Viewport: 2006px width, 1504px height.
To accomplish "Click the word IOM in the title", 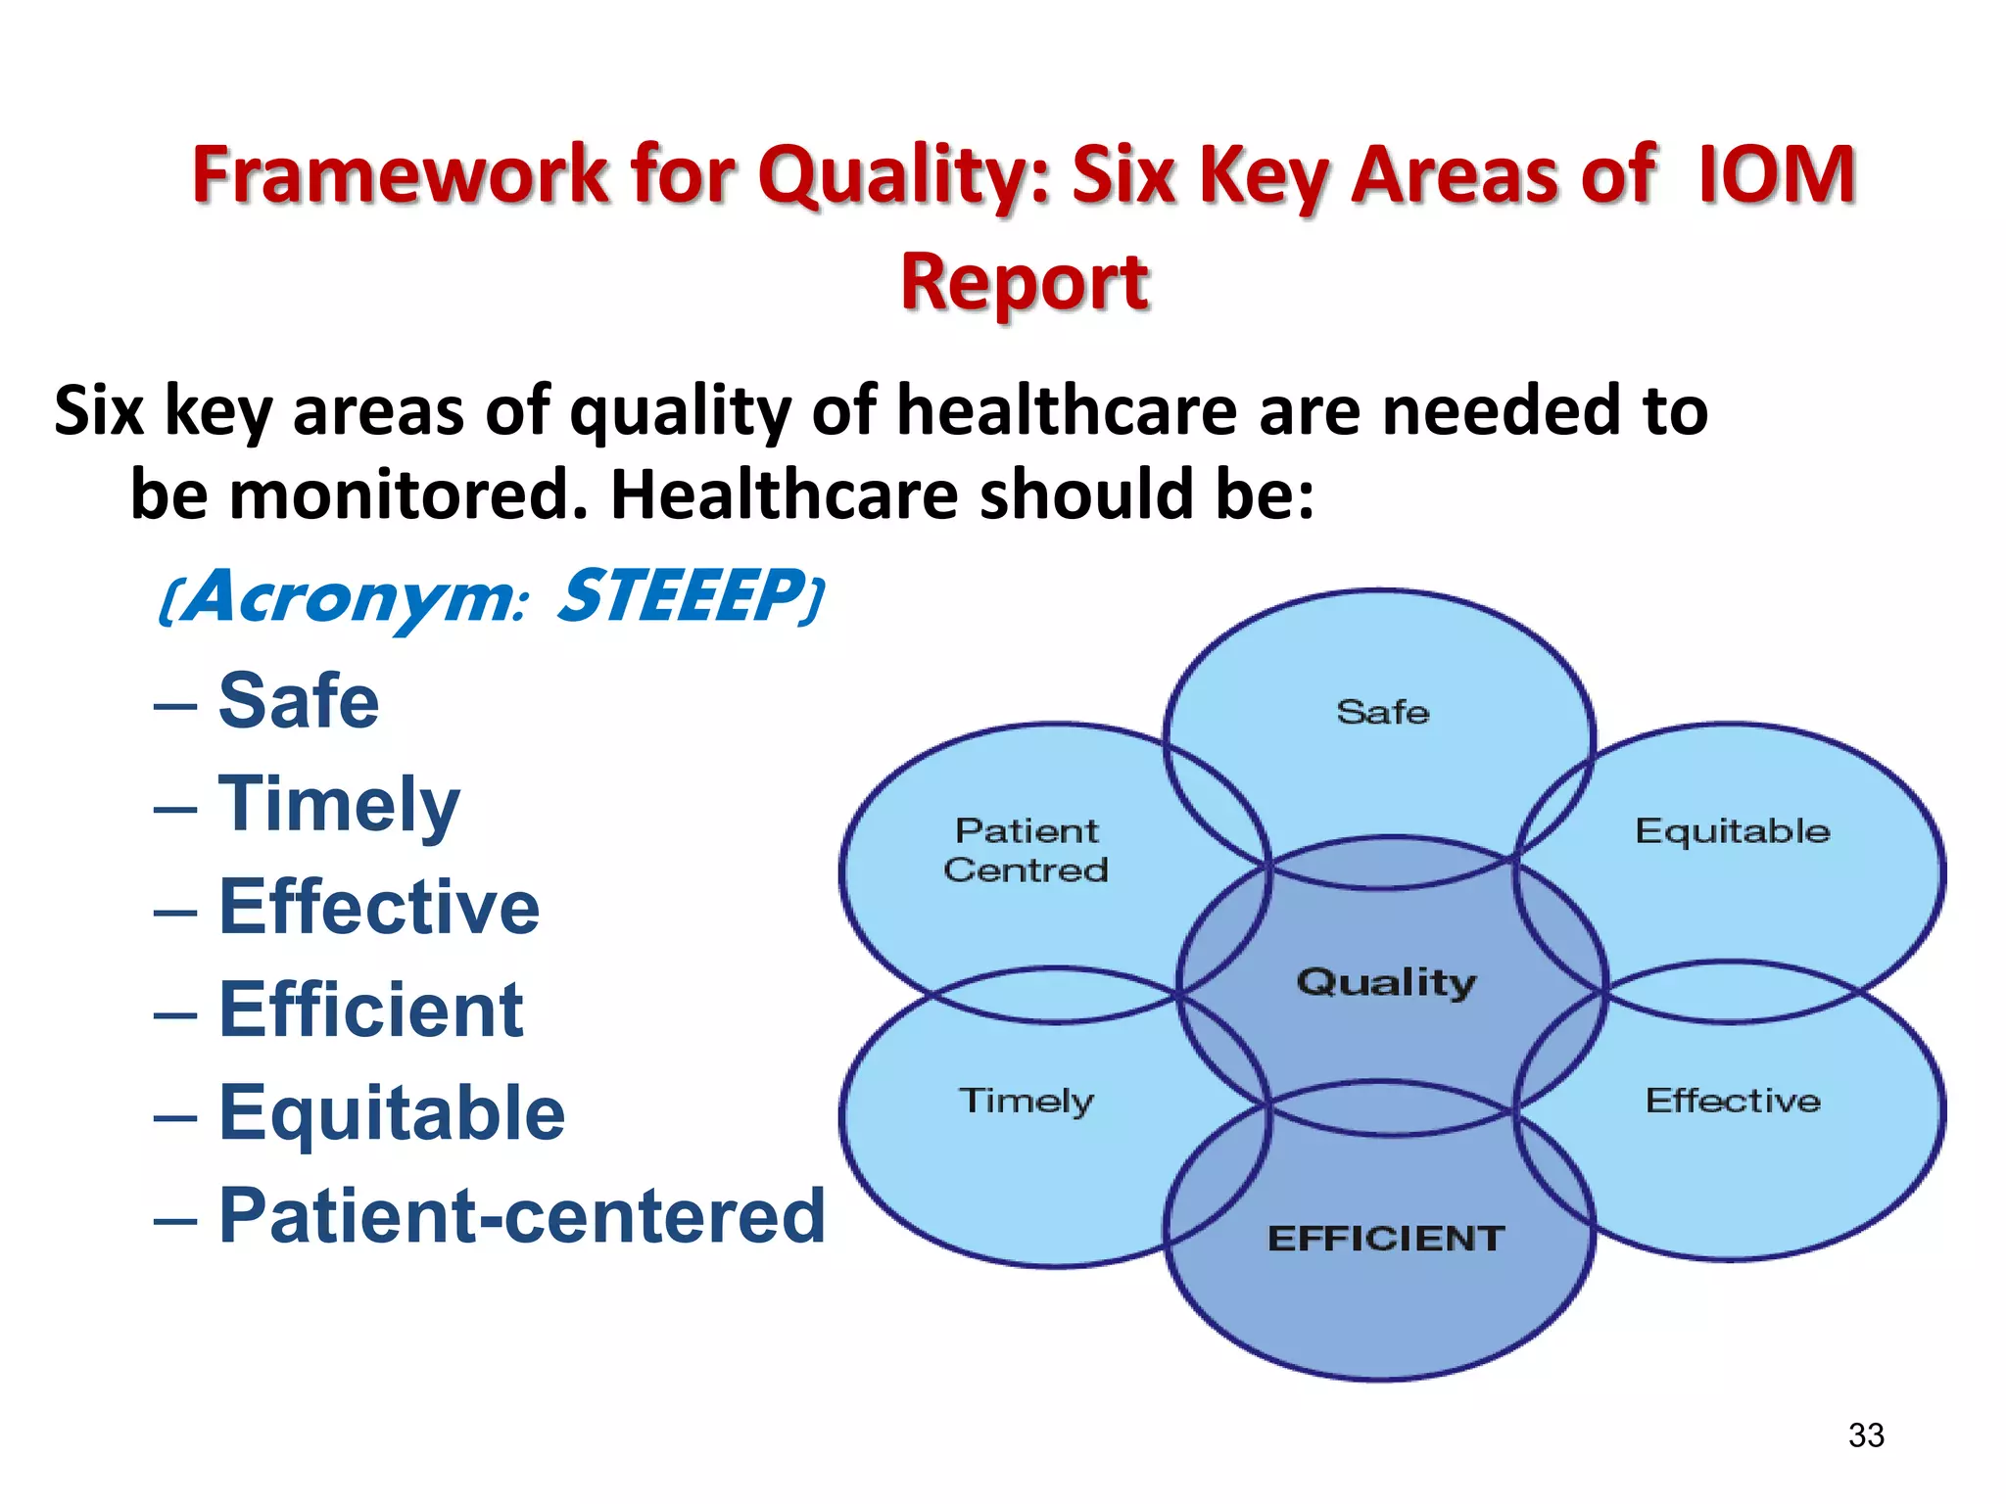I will (1775, 174).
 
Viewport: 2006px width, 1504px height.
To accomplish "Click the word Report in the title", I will (1024, 282).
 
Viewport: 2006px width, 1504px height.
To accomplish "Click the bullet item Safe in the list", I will (298, 701).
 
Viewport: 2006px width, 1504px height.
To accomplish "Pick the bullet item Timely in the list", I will (338, 805).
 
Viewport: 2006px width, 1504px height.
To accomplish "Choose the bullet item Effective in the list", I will (378, 907).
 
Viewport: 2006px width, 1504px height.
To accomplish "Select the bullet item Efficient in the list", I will (370, 1010).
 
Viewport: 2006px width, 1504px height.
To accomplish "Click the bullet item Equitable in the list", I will (391, 1113).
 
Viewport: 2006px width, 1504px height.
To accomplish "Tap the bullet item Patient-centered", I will (521, 1216).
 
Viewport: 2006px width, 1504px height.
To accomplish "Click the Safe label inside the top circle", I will (1382, 712).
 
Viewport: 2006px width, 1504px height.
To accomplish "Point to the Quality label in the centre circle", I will (1385, 982).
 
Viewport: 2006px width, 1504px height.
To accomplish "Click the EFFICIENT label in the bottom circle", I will (1385, 1239).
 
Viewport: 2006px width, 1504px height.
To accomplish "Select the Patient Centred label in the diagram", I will (1026, 850).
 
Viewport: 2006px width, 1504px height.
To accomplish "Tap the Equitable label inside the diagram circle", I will (1732, 831).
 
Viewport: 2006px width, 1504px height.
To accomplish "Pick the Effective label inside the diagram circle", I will (1732, 1101).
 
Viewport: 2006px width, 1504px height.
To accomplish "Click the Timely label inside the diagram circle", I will (1026, 1101).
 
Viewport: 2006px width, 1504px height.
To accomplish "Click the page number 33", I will (1865, 1435).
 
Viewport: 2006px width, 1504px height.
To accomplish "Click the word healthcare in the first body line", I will (1067, 410).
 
